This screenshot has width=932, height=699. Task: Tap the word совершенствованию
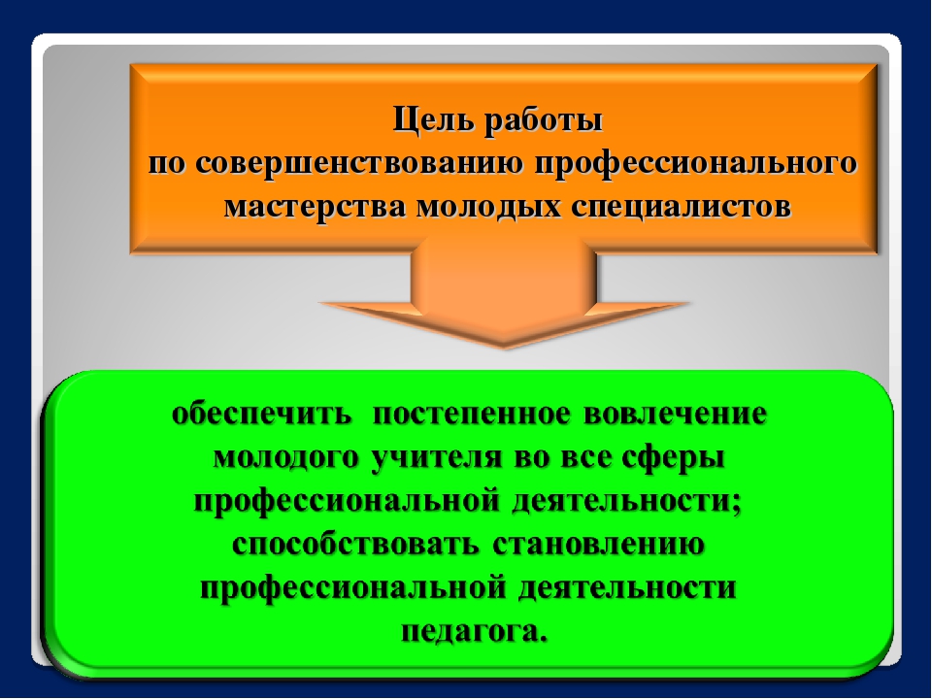point(359,163)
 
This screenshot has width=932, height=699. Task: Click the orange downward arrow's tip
point(505,348)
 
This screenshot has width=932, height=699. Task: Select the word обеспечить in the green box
point(261,414)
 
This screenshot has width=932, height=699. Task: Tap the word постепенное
point(472,415)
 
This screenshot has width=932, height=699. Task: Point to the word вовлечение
point(676,415)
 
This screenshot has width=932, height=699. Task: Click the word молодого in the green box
point(285,458)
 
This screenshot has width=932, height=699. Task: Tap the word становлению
point(598,545)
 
